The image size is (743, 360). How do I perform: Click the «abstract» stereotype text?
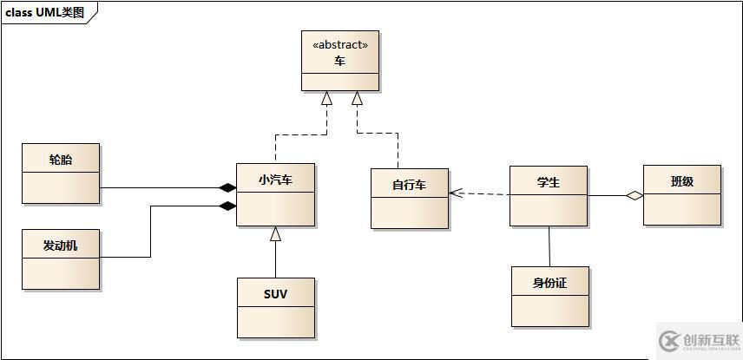(340, 44)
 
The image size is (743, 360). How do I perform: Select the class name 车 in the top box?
(340, 62)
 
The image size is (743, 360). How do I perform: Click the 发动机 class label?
(61, 245)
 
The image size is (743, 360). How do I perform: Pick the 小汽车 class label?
(275, 180)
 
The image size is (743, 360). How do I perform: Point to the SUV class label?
(275, 294)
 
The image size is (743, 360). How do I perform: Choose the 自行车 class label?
(410, 185)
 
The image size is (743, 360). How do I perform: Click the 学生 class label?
(549, 182)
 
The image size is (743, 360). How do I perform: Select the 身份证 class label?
(549, 283)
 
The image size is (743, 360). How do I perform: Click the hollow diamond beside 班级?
(635, 196)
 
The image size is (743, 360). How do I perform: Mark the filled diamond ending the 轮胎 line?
(227, 187)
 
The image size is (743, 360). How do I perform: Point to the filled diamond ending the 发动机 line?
(227, 206)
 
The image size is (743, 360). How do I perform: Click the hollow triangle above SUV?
(275, 233)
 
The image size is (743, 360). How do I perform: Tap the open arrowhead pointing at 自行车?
(455, 193)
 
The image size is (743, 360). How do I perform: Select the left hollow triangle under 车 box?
(327, 99)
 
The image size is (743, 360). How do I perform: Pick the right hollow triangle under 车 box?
(357, 99)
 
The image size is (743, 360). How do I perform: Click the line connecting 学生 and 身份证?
(549, 246)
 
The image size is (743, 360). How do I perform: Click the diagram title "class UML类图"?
(45, 11)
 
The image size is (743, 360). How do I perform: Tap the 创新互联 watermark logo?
(699, 339)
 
